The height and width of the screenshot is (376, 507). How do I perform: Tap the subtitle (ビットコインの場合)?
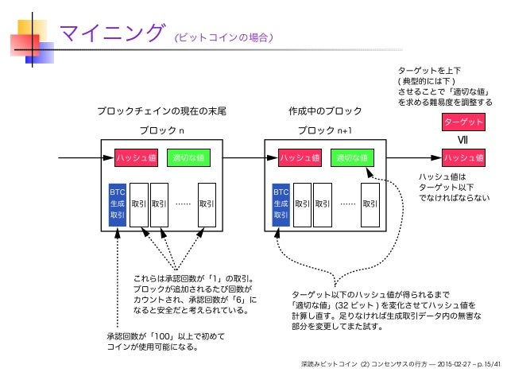click(x=225, y=37)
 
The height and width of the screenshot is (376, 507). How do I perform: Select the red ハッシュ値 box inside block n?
click(x=137, y=157)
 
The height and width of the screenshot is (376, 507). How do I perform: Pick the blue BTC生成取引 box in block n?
click(x=118, y=203)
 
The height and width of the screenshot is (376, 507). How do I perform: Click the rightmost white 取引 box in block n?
click(x=207, y=204)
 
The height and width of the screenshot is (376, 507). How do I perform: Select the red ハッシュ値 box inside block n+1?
click(x=299, y=157)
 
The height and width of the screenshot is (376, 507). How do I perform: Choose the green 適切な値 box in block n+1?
click(x=350, y=157)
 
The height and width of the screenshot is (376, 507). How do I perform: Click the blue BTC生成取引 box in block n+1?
click(x=281, y=203)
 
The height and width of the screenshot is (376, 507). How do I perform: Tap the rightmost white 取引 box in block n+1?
click(x=370, y=204)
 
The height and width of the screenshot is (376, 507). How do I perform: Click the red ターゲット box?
click(x=463, y=123)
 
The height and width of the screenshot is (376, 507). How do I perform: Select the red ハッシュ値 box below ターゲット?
click(x=463, y=157)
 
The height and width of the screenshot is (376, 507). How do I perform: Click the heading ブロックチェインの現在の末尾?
click(x=161, y=111)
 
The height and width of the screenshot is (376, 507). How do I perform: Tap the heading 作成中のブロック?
click(x=325, y=111)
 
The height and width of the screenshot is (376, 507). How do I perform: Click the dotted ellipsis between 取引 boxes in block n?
click(x=183, y=204)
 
